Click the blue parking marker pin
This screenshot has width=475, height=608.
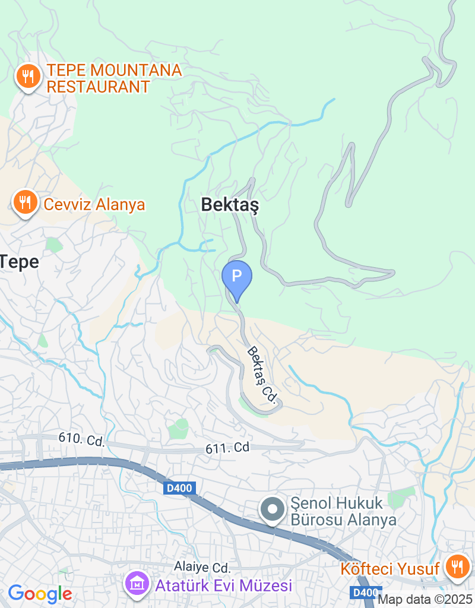[237, 277]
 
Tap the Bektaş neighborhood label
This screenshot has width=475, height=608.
[230, 205]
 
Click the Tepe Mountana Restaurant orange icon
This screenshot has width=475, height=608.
[27, 76]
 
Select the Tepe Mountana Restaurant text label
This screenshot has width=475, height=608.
[114, 78]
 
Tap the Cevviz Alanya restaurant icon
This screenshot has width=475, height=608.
[24, 202]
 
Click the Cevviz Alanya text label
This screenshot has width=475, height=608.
[94, 205]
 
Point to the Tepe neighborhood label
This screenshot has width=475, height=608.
[19, 262]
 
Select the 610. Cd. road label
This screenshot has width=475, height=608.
[81, 440]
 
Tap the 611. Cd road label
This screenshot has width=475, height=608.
[228, 449]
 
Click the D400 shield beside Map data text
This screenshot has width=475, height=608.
[363, 593]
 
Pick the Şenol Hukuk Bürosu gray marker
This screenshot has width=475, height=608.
[273, 509]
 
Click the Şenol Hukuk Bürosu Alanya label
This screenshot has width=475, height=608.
[343, 512]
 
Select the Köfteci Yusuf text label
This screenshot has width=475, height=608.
[390, 569]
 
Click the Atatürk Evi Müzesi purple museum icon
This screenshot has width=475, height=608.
[137, 584]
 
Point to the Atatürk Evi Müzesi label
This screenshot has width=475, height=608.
[224, 586]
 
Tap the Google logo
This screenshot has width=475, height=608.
[40, 593]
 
